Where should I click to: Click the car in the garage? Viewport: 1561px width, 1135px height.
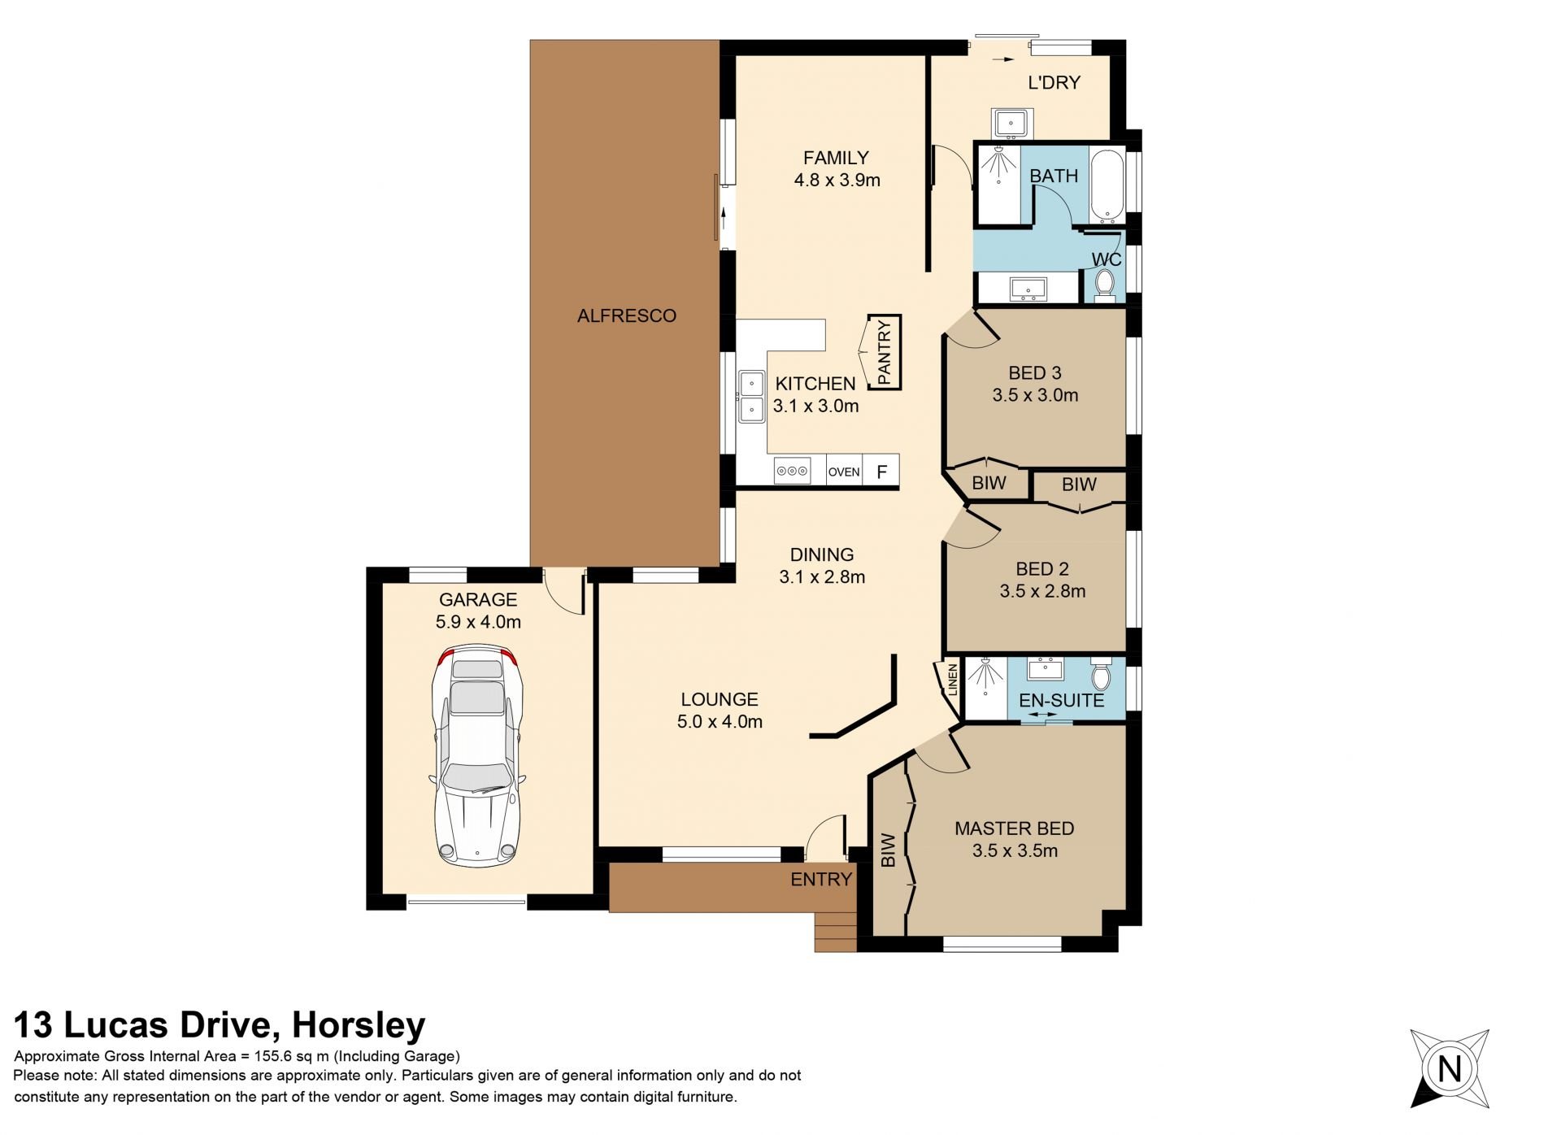(x=476, y=755)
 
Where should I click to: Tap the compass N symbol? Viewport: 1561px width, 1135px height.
(x=1450, y=1068)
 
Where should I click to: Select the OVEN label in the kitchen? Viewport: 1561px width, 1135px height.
(x=844, y=472)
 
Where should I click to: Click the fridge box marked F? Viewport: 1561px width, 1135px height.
(x=881, y=471)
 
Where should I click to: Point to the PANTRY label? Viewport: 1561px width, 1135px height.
(x=885, y=352)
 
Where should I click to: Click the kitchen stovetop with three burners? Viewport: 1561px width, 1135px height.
(x=792, y=471)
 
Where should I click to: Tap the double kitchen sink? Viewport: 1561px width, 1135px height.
(x=751, y=397)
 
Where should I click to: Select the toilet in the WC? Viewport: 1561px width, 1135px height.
(x=1104, y=285)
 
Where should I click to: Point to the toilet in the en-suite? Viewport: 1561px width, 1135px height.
(x=1101, y=674)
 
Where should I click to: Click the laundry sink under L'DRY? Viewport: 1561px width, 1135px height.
(x=1011, y=124)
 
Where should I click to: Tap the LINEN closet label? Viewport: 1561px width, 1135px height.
(x=953, y=680)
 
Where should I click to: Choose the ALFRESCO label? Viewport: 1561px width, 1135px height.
(x=627, y=315)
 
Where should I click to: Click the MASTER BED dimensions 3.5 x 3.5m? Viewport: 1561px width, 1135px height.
(x=1015, y=850)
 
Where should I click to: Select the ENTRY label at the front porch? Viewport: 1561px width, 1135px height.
(x=821, y=879)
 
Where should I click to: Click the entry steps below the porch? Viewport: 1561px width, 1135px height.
(x=836, y=932)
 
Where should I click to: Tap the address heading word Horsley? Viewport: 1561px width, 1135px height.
(x=359, y=1026)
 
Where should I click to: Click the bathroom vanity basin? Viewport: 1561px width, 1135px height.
(x=1028, y=288)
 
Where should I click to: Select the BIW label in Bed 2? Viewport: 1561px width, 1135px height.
(x=1079, y=485)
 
